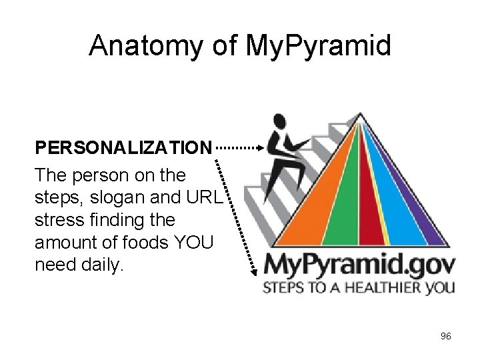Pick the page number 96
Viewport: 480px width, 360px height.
click(445, 336)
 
